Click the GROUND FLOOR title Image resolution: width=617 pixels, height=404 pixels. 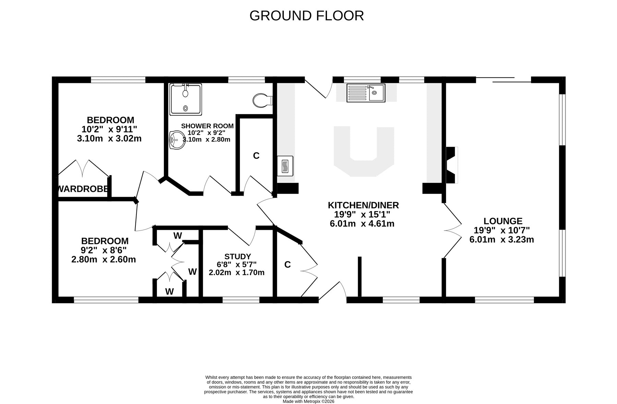coord(306,16)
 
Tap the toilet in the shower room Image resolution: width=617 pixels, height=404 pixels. coord(263,100)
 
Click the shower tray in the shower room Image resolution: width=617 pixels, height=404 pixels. coord(185,99)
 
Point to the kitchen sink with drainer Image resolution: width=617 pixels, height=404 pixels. coord(366,93)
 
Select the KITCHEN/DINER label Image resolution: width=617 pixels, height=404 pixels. coord(363,205)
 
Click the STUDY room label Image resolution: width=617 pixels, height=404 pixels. coord(238,256)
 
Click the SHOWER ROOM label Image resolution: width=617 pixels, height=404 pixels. coord(207,126)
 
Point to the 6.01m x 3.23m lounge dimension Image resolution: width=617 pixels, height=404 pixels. coord(501,240)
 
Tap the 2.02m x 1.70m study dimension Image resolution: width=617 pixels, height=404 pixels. coord(237,273)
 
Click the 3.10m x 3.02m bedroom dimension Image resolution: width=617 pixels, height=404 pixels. coord(109,138)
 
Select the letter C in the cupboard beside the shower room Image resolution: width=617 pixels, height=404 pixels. coord(256,156)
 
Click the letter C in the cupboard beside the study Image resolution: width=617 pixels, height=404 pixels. coord(288,265)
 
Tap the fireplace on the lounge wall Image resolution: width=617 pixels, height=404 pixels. coord(451,165)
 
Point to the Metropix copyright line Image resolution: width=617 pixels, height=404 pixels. coord(308,401)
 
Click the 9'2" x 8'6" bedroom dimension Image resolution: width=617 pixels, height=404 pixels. coord(104,250)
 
